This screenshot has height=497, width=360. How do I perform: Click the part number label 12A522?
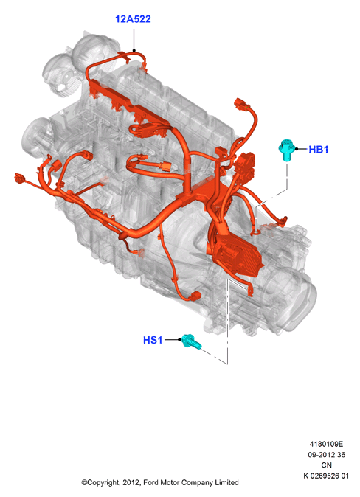pos(133,19)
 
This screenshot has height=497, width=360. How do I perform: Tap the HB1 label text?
pos(319,149)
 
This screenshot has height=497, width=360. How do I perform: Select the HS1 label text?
pos(153,340)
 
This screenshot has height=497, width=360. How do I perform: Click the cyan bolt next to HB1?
pos(286,150)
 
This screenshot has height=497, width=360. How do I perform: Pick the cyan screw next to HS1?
pos(190,341)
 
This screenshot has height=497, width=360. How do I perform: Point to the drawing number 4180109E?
pos(326,444)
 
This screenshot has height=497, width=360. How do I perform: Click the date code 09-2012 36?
pos(326,455)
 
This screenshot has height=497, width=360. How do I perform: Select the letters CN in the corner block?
pos(326,465)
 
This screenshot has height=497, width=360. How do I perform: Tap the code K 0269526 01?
pos(326,476)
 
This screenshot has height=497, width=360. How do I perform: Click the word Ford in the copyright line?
pos(150,483)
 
